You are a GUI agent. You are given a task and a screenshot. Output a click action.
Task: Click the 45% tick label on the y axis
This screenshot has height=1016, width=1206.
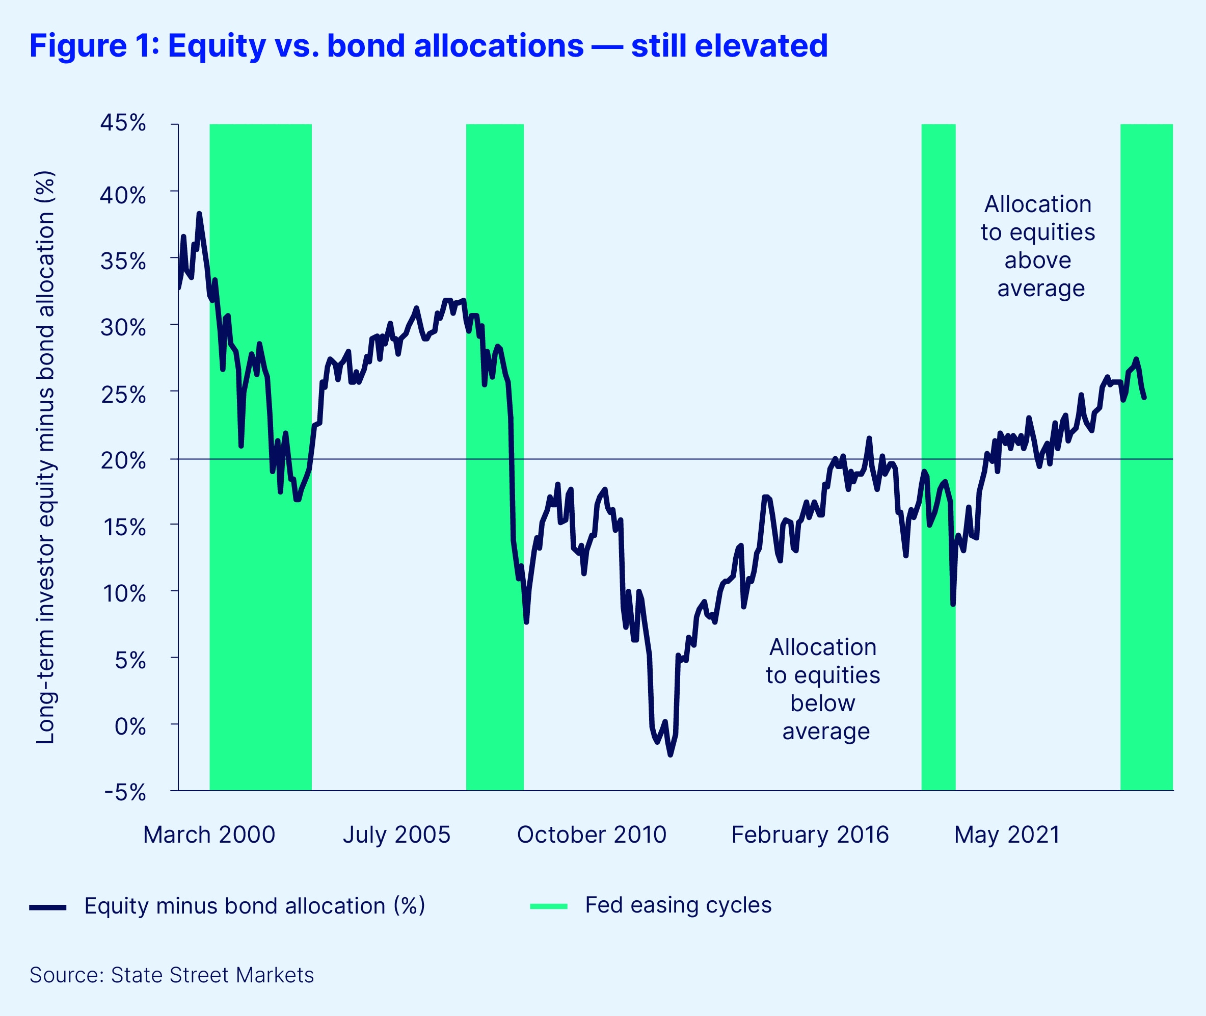pos(123,123)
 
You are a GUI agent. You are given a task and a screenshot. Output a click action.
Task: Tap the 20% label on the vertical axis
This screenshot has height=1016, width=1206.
pos(123,461)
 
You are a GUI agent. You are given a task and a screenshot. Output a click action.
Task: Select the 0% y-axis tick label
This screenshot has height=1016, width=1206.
pos(130,727)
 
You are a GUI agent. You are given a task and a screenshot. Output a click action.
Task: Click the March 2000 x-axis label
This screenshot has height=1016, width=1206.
pos(209,835)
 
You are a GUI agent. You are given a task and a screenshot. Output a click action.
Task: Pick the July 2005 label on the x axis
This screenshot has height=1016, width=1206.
pos(396,835)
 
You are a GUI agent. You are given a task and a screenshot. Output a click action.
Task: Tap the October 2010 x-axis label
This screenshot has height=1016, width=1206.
pos(591,835)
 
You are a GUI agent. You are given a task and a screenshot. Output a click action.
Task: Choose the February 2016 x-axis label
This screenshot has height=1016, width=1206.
pos(810,835)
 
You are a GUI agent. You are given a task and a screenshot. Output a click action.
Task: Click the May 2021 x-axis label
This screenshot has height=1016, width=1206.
pos(1007,835)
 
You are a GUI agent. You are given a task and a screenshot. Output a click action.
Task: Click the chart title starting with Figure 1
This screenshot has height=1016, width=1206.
pos(428,46)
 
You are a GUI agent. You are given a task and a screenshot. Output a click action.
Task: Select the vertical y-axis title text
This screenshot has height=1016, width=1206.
pos(45,457)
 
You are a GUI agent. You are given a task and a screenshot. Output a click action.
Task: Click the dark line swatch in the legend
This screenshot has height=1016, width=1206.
pos(48,907)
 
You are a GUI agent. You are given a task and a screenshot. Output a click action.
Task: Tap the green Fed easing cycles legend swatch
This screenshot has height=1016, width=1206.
pos(549,906)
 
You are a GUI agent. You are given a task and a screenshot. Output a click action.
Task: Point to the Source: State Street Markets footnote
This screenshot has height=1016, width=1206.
pos(172,975)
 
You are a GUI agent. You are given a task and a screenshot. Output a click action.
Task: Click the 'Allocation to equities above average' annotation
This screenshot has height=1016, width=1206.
pos(1038,246)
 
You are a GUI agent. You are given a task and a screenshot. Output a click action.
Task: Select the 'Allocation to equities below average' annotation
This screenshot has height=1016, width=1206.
pos(823,689)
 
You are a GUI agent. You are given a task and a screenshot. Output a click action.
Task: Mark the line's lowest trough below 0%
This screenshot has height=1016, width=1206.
pos(671,754)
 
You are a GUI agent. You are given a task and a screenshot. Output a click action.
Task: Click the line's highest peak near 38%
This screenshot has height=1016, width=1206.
pos(199,214)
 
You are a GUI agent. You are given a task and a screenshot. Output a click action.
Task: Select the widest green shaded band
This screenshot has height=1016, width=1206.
pos(260,457)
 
